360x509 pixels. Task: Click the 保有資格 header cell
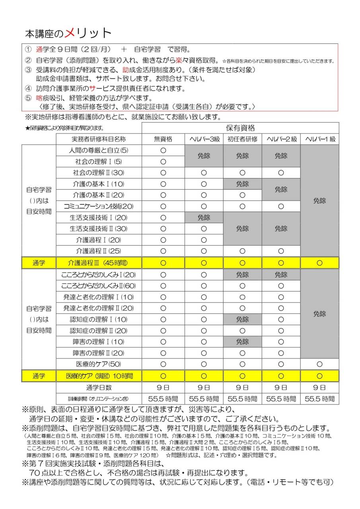(x=240, y=128)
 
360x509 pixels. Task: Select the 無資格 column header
(x=163, y=139)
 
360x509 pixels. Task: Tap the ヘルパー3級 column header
(x=204, y=139)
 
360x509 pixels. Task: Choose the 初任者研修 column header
(x=242, y=139)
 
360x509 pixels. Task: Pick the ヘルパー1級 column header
(x=320, y=139)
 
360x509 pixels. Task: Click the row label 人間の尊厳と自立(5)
(x=99, y=150)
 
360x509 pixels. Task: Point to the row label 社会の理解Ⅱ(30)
(x=99, y=173)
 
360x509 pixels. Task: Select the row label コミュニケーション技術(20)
(x=99, y=206)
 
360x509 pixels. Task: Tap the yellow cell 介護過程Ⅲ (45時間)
(x=99, y=262)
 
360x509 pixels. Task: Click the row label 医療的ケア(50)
(x=99, y=364)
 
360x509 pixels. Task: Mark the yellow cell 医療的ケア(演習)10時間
(x=99, y=376)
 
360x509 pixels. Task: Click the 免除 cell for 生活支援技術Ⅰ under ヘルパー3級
(x=204, y=218)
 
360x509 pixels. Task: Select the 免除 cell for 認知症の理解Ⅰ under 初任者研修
(x=242, y=319)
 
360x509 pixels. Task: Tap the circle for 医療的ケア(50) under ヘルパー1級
(x=320, y=364)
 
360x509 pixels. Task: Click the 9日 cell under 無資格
(x=163, y=387)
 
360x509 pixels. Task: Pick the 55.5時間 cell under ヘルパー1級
(x=320, y=398)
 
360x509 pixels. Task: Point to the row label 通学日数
(x=99, y=387)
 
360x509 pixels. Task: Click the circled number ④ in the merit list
(x=28, y=88)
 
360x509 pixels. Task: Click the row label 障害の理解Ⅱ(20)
(x=99, y=353)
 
